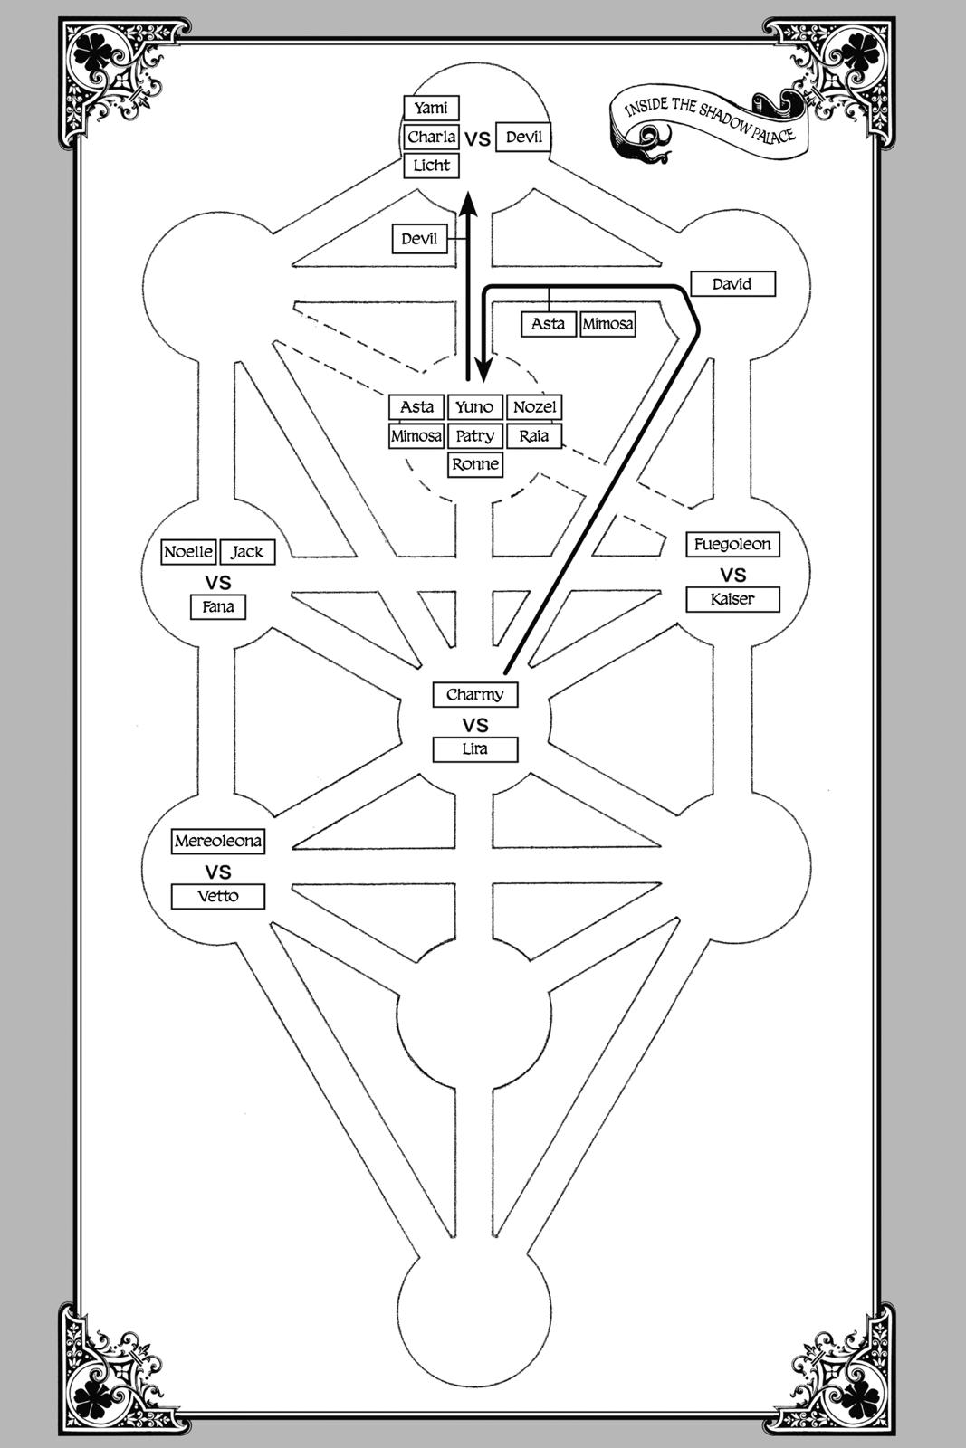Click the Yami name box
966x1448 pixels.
click(431, 109)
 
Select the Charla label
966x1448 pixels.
click(431, 138)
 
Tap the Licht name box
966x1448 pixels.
click(431, 166)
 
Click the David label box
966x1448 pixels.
click(732, 284)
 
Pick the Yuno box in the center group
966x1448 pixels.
click(474, 407)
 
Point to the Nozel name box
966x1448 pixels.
click(534, 407)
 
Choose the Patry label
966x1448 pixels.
click(474, 436)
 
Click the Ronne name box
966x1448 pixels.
click(475, 464)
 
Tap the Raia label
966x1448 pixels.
click(534, 436)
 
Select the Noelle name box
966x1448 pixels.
click(188, 552)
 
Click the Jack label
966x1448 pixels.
click(246, 552)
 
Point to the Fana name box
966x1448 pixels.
click(218, 607)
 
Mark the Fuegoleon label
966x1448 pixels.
click(732, 545)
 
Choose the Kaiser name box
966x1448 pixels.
click(732, 599)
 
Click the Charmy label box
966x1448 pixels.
click(475, 695)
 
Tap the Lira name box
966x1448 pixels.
click(475, 749)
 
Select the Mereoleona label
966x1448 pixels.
click(218, 842)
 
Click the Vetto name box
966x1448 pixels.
click(218, 897)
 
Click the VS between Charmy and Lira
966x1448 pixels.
click(475, 725)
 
